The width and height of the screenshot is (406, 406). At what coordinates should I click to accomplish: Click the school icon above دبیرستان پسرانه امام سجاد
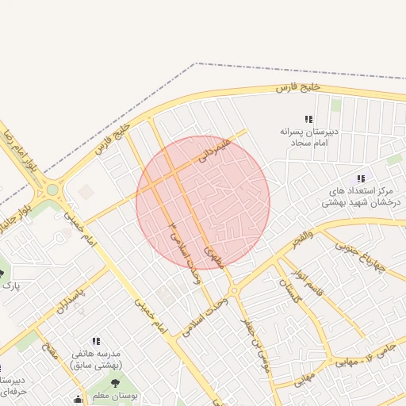point(308,119)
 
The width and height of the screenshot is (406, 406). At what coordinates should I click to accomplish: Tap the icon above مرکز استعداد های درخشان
point(362,179)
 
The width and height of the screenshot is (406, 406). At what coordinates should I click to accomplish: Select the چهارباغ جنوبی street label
point(358,255)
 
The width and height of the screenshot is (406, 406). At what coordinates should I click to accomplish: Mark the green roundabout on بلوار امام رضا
point(53,189)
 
